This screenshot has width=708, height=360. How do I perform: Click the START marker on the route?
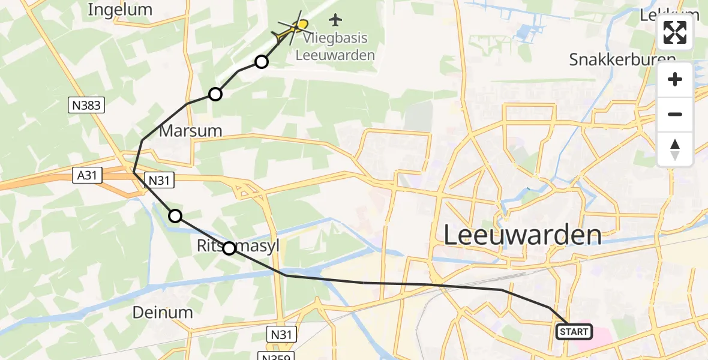(x=575, y=331)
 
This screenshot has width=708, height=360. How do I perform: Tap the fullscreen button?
(x=675, y=32)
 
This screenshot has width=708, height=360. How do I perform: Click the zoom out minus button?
(x=675, y=114)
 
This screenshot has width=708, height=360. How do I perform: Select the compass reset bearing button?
(x=675, y=149)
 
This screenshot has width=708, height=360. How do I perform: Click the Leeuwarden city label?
(x=522, y=235)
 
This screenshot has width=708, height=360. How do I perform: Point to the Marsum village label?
(x=190, y=131)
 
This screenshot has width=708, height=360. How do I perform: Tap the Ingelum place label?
(x=120, y=10)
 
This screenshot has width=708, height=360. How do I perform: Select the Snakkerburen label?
(x=622, y=59)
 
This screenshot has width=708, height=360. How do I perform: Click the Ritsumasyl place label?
(x=239, y=245)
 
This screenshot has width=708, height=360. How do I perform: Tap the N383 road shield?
(x=86, y=106)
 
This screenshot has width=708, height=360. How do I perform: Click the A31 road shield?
(x=88, y=175)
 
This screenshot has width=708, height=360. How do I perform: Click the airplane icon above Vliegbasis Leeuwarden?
(x=335, y=20)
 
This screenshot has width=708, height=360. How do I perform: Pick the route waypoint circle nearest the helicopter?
(x=261, y=61)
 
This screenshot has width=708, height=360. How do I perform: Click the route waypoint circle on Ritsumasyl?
(x=229, y=248)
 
